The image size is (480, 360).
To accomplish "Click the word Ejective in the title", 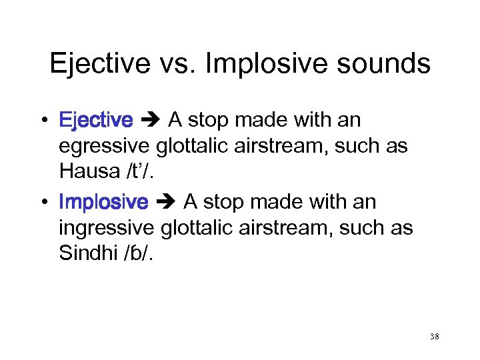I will pyautogui.click(x=98, y=64).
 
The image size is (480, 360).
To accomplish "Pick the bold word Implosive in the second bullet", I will pyautogui.click(x=103, y=202).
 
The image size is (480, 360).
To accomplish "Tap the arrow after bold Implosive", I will pyautogui.click(x=166, y=202).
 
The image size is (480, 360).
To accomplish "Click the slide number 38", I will pyautogui.click(x=434, y=337).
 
